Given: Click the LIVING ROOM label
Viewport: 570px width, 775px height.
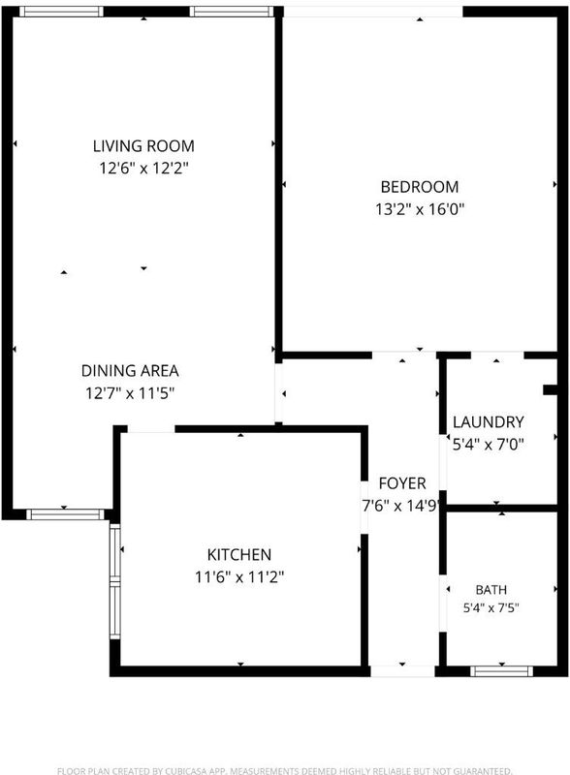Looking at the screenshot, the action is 143,146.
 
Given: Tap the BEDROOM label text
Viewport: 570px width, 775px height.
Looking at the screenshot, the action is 420,187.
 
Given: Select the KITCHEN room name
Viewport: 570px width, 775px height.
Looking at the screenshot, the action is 239,554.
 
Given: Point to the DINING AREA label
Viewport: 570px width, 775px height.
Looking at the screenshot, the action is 130,371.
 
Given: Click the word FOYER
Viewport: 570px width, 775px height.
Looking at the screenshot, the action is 402,482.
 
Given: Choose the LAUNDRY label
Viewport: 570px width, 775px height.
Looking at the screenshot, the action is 489,421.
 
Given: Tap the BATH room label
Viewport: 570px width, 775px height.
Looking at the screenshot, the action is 491,590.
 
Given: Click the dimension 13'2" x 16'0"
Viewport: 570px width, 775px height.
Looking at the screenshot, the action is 420,209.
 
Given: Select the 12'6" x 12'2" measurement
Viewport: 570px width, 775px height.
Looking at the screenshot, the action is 144,168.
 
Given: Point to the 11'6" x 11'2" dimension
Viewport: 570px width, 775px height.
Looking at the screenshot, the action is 239,576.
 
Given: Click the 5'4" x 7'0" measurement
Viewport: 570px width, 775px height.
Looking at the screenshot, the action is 489,444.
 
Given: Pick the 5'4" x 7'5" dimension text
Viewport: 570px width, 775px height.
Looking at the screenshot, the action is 491,607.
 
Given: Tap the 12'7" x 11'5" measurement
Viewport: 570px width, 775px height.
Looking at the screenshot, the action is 130,393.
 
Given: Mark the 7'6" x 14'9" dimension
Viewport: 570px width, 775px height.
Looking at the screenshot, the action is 400,506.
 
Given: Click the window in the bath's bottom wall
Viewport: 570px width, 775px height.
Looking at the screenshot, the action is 502,671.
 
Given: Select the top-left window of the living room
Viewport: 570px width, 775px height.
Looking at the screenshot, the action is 61,12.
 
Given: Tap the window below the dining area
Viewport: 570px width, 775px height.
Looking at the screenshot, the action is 65,514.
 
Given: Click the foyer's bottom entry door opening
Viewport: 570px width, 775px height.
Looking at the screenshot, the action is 402,671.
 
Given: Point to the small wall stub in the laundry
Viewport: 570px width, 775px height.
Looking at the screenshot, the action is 551,389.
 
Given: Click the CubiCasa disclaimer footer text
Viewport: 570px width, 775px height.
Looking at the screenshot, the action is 284,770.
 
